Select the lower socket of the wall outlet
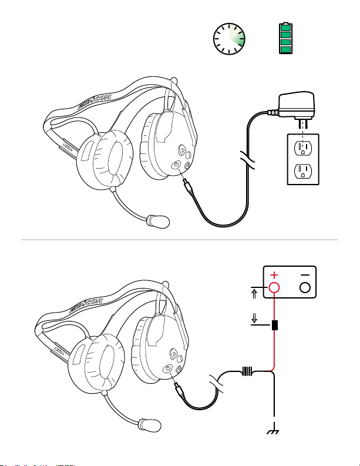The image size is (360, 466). click(x=302, y=171)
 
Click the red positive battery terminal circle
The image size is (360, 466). click(x=274, y=288)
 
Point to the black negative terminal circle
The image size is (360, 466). click(x=304, y=288)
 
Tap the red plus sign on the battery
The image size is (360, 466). click(x=273, y=274)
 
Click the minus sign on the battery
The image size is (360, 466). click(x=304, y=274)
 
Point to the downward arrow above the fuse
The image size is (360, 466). click(x=253, y=319)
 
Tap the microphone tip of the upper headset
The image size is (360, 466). click(x=160, y=222)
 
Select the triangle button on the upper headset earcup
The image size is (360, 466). click(x=181, y=150)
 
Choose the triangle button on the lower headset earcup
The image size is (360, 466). click(x=173, y=354)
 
